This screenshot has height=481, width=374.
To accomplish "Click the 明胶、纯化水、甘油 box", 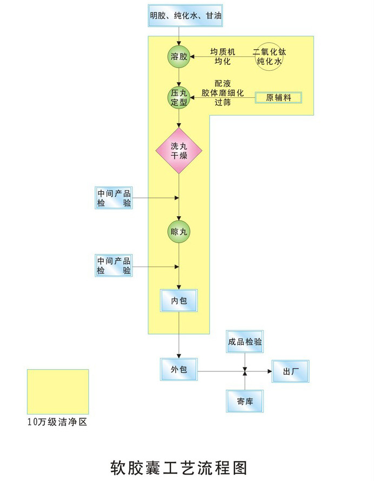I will [x=185, y=16].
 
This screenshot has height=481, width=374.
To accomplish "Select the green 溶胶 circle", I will [x=179, y=57].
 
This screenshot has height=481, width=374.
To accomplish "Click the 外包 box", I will [x=179, y=370].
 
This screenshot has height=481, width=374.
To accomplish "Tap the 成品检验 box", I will [x=245, y=342].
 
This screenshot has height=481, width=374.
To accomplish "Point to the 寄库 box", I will [x=245, y=401].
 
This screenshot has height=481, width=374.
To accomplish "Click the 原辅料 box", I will [x=278, y=98].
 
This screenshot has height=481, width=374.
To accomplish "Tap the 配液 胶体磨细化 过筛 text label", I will [x=223, y=93].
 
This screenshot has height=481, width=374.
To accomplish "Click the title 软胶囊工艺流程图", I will [x=179, y=466].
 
